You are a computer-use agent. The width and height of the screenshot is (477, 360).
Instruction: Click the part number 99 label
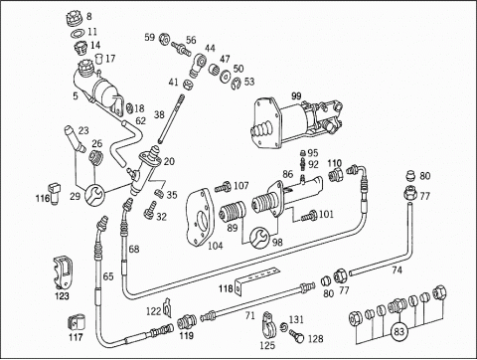(296, 96)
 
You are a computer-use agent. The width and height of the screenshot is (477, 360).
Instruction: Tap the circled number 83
(399, 331)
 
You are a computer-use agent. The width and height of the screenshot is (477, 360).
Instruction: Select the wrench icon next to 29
(95, 194)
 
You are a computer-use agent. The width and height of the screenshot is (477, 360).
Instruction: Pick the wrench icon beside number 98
(260, 237)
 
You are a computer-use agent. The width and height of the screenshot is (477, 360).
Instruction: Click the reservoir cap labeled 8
(75, 18)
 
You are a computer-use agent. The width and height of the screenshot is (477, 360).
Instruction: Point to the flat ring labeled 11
(79, 33)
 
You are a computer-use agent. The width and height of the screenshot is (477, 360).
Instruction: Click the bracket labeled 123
(63, 272)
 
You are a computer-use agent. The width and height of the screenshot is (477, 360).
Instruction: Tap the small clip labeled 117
(77, 322)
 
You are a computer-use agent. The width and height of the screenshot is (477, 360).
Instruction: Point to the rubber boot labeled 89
(233, 212)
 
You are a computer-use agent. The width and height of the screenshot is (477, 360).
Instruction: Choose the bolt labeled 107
(224, 188)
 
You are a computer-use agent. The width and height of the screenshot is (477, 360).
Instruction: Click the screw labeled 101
(309, 216)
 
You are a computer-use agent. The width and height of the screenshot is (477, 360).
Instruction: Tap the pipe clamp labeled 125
(269, 324)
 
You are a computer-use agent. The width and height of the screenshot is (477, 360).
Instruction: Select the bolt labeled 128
(296, 335)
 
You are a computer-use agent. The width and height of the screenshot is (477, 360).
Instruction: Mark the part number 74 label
(397, 270)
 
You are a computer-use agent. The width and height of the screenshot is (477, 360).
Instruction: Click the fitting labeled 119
(187, 321)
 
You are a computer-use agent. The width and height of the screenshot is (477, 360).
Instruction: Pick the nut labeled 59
(164, 39)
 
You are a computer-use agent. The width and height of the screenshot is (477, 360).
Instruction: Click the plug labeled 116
(54, 193)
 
